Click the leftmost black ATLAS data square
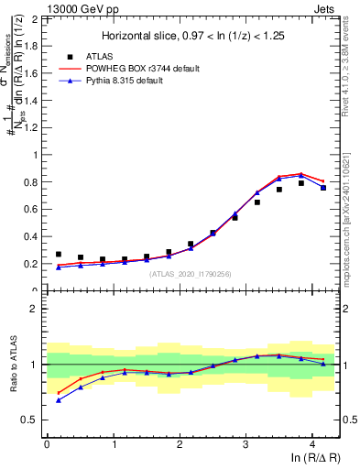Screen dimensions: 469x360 click(x=59, y=254)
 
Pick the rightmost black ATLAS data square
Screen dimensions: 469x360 click(x=323, y=188)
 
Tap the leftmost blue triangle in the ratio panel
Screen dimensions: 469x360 click(x=59, y=400)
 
